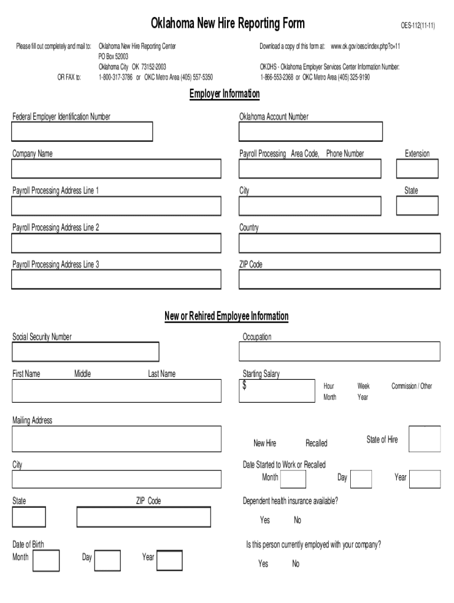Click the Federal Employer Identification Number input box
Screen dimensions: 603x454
point(82,132)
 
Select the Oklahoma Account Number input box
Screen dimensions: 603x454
point(310,132)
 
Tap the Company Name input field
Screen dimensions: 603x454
point(116,169)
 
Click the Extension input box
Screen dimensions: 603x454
point(417,169)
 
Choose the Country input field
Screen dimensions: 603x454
point(339,243)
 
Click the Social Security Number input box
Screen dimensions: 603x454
point(85,352)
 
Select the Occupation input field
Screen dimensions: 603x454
point(339,352)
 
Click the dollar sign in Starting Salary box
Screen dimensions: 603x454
point(245,386)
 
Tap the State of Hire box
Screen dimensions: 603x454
point(425,439)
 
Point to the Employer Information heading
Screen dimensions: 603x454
point(224,94)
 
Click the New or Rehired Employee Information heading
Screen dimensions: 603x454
point(226,316)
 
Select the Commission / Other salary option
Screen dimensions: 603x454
point(412,386)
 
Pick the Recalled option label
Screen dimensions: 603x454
point(316,443)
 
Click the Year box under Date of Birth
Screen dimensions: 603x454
point(170,560)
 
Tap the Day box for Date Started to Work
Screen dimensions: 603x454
point(361,479)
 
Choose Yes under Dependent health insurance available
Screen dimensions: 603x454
point(265,520)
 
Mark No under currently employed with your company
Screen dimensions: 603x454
point(295,564)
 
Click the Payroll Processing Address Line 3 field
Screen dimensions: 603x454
point(116,280)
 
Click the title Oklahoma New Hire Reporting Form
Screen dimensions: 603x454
point(228,24)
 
